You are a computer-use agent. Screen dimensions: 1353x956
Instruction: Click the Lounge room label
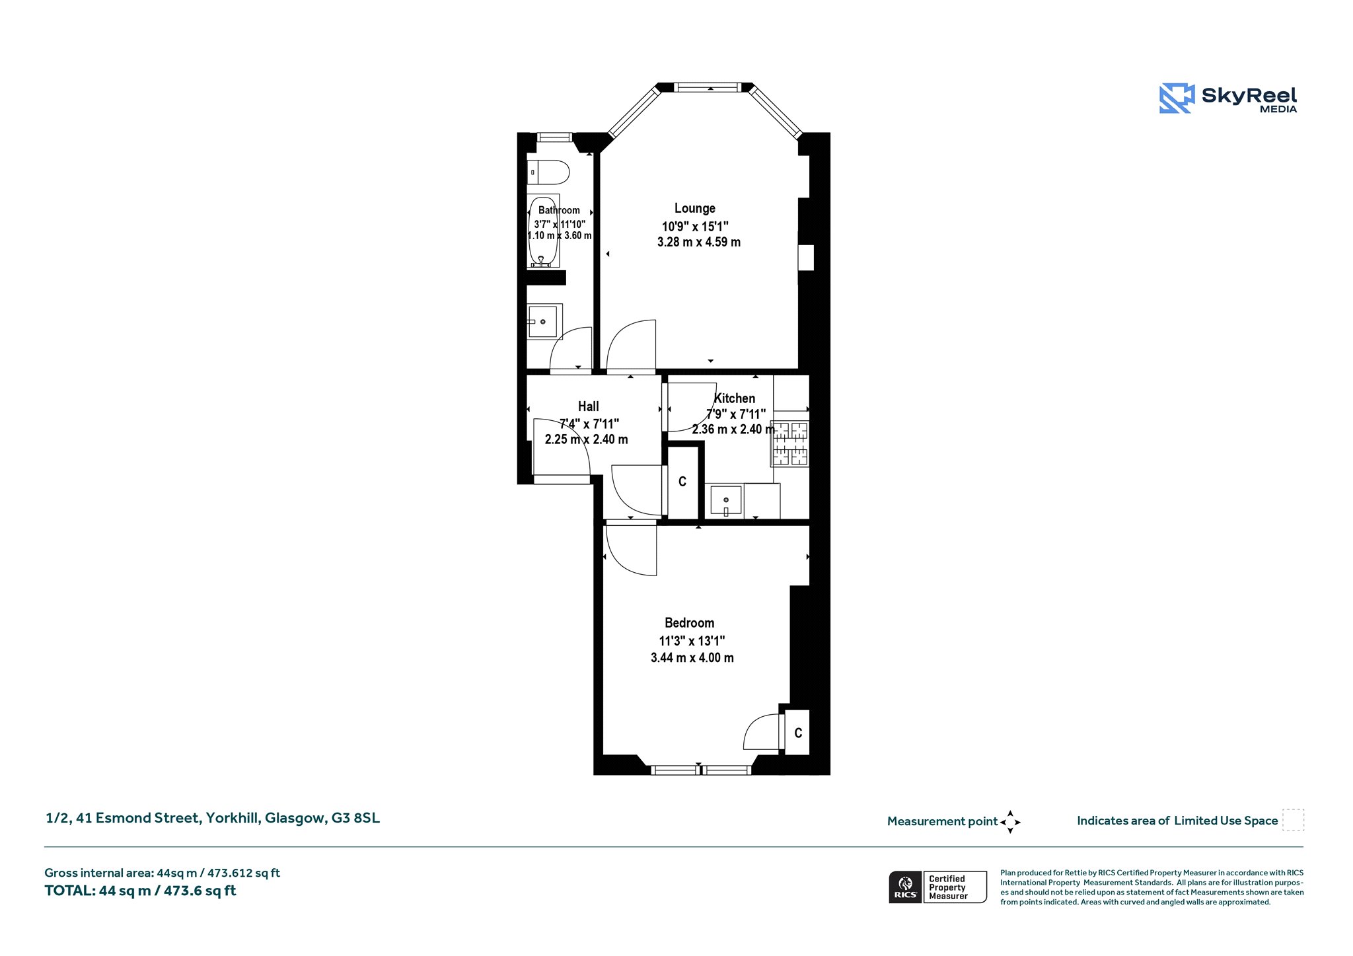[x=694, y=209]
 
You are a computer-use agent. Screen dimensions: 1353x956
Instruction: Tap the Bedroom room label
[x=689, y=623]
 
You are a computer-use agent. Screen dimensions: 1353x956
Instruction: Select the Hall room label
[x=589, y=406]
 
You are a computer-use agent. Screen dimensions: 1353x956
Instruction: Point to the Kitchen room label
[x=735, y=398]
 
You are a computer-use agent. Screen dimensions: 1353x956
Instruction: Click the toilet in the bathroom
[x=548, y=172]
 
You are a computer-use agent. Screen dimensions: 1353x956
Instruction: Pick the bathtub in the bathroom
[x=543, y=231]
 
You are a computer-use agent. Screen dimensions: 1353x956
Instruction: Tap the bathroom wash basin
[x=544, y=322]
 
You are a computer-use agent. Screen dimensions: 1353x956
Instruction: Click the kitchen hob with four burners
[x=790, y=443]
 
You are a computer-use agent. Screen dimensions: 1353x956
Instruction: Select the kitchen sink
[x=725, y=501]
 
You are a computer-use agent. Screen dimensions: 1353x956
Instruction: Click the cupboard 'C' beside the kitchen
[x=682, y=482]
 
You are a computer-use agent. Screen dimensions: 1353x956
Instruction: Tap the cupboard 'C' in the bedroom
[x=798, y=733]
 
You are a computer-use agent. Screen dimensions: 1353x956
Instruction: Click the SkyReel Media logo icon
[x=1177, y=98]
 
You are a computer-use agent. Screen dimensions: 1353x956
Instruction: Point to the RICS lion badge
[x=906, y=887]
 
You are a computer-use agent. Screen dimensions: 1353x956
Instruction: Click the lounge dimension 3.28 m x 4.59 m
[x=699, y=242]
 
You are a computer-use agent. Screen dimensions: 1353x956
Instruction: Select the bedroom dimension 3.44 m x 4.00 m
[x=692, y=658]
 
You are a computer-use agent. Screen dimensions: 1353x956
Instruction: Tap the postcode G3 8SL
[x=355, y=818]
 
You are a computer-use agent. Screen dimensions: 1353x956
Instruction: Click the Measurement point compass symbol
[x=1010, y=822]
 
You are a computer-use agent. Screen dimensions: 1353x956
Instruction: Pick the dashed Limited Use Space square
[x=1293, y=820]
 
